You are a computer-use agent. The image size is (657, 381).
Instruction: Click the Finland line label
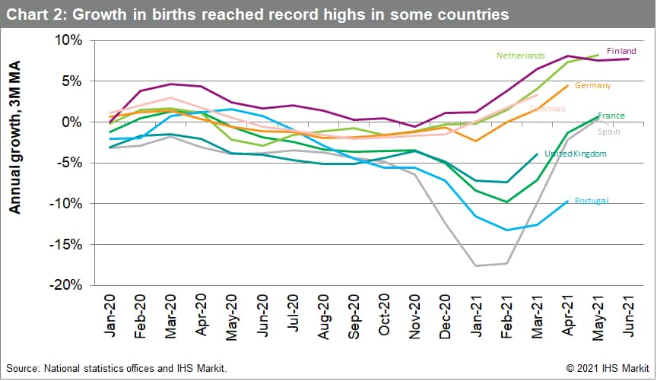[x=621, y=51]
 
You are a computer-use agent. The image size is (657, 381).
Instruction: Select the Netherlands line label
[x=521, y=56]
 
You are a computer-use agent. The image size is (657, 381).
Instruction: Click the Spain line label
[x=608, y=132]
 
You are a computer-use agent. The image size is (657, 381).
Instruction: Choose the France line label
[x=611, y=116]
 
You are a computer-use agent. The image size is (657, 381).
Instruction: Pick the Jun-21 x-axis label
[x=629, y=313]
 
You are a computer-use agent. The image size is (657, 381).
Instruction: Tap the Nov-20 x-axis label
[x=416, y=313]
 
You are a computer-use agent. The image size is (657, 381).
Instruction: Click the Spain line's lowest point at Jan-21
[x=476, y=265]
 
